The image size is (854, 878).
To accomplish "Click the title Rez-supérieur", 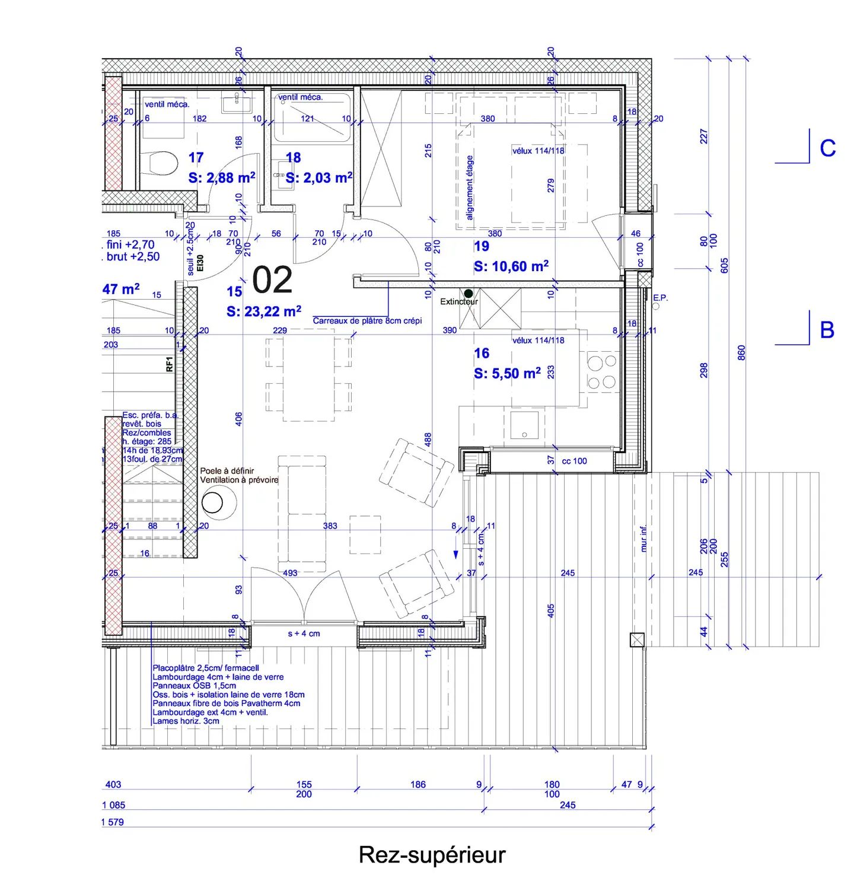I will (432, 855).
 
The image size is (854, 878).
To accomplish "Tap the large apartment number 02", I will (272, 280).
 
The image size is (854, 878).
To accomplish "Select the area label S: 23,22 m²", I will (264, 311).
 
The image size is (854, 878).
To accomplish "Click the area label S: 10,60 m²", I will (511, 266).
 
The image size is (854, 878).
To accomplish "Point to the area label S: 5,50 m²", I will (507, 373).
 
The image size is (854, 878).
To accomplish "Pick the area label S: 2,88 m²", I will (222, 178).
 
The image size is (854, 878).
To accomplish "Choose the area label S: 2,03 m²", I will (319, 178).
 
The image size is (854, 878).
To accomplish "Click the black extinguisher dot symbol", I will (469, 293).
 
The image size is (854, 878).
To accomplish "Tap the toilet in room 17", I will (160, 163).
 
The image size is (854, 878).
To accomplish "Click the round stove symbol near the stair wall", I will (212, 502).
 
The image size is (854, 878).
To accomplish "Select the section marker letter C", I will (827, 148).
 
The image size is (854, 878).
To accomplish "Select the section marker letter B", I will (827, 330).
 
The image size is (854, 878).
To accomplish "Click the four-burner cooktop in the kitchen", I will (601, 372).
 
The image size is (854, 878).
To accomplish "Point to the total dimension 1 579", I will (113, 822).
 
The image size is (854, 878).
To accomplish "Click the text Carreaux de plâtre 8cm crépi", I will (367, 321).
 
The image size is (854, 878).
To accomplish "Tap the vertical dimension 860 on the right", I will (741, 353).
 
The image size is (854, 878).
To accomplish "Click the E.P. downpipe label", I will (660, 298).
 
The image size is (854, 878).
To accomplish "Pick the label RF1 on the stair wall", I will (170, 364).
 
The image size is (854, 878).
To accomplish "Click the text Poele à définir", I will (227, 470).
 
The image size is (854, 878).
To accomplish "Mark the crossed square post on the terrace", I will (636, 640).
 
